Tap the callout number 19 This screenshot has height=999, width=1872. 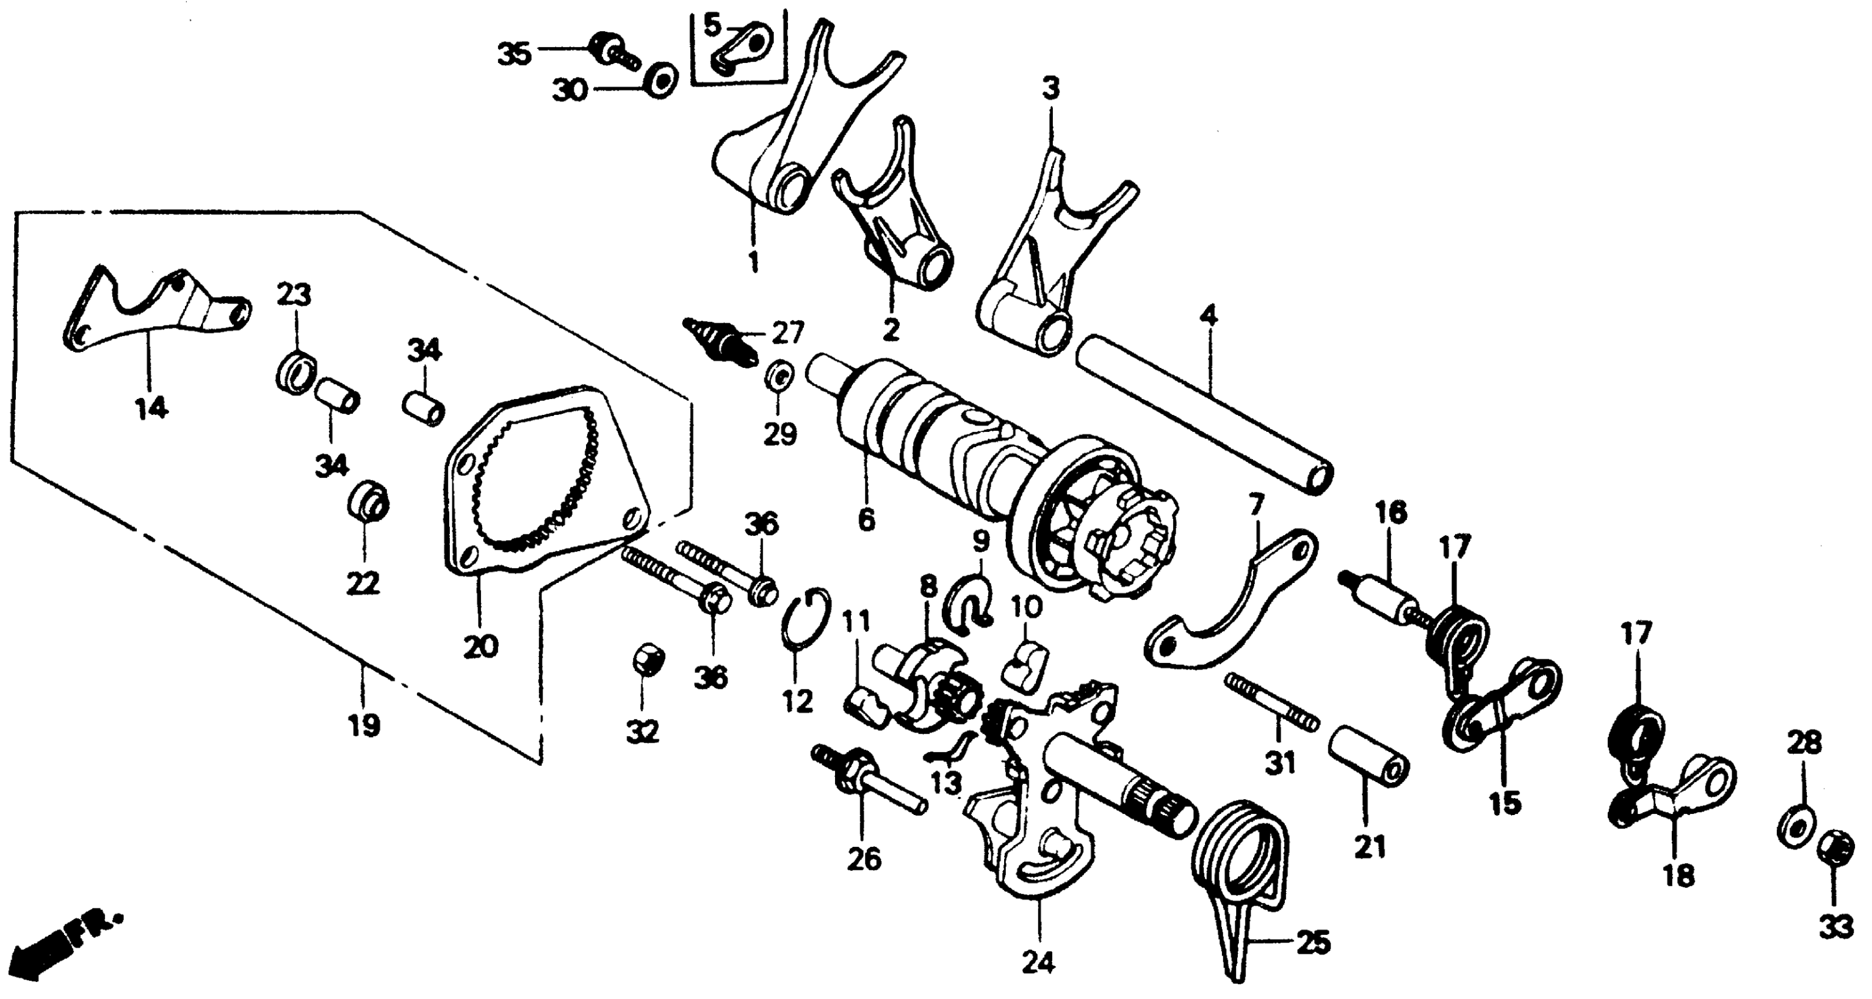pos(363,725)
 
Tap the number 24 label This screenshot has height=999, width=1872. pos(1038,963)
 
